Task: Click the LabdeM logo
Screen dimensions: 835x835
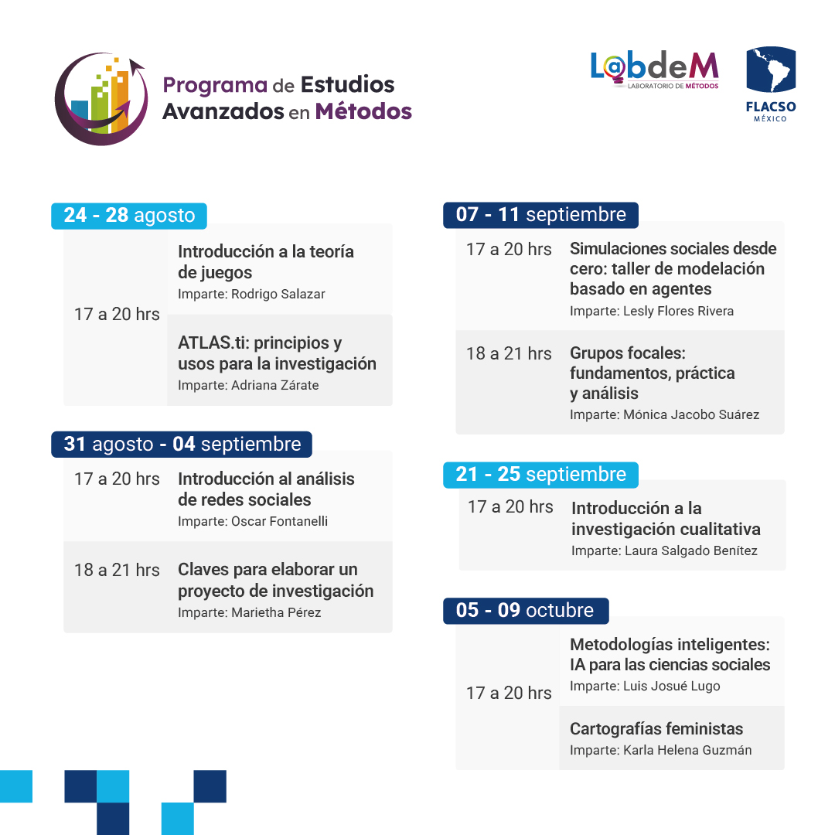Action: tap(655, 70)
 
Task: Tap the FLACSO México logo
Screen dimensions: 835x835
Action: tap(770, 83)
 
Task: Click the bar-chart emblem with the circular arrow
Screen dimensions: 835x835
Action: tap(101, 98)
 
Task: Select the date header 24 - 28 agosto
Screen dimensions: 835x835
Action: tap(129, 215)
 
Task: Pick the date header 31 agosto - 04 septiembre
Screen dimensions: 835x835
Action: tap(182, 445)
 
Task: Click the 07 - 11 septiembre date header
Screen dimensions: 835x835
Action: tap(540, 214)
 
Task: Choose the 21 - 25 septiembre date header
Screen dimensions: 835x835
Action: tap(540, 474)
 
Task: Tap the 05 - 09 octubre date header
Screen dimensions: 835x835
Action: tap(525, 610)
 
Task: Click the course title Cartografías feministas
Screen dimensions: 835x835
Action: tap(656, 728)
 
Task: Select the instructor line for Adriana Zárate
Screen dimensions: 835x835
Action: tap(248, 385)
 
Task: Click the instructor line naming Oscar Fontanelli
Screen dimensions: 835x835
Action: tap(253, 521)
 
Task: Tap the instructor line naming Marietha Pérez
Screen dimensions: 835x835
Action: tap(249, 612)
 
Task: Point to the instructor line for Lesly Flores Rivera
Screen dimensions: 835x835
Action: tap(652, 311)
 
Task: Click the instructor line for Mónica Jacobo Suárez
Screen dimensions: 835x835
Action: tap(664, 414)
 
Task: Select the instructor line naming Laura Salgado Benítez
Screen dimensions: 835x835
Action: tap(664, 550)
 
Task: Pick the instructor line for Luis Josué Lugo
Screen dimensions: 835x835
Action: tap(645, 686)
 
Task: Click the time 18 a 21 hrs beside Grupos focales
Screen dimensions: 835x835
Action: tap(509, 353)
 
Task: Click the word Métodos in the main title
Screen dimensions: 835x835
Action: tap(363, 111)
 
